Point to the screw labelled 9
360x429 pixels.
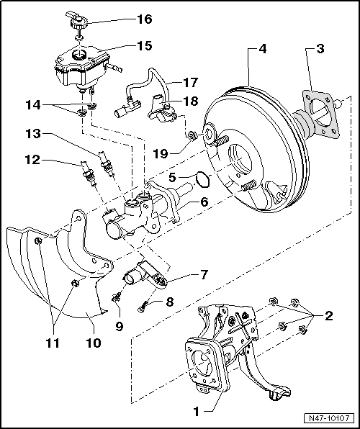coord(116,297)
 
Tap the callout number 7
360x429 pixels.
coord(204,274)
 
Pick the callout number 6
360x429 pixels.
coord(204,203)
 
